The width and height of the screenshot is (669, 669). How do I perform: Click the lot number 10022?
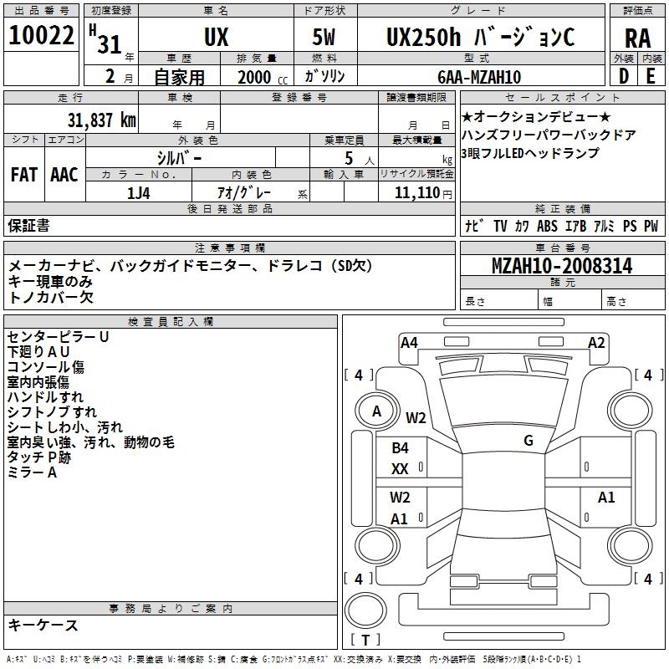coord(41,34)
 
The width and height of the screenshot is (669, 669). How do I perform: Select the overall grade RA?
coord(637,38)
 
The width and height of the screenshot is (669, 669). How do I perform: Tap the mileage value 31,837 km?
coord(101,120)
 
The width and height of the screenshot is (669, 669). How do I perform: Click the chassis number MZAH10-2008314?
coord(562,266)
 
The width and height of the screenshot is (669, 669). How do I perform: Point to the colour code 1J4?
coord(139,193)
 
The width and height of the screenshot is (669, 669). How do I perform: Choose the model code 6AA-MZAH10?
coord(479,77)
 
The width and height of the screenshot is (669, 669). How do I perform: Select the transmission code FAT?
coord(24,175)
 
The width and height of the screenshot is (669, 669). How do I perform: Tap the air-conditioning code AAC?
coord(64,175)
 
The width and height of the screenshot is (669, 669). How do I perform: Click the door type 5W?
coord(324,37)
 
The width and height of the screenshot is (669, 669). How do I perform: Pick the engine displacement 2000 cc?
coord(263,77)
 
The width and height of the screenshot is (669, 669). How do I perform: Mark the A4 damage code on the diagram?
coord(409,343)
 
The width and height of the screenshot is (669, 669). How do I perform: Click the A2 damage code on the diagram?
coord(596,343)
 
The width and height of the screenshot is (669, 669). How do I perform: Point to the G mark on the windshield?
coord(529,440)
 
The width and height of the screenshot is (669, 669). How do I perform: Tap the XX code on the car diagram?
coord(400,469)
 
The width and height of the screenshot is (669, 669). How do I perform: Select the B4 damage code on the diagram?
coord(400,448)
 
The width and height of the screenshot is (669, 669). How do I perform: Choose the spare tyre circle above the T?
coord(365,610)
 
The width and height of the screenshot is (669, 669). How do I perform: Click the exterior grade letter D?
coord(624,76)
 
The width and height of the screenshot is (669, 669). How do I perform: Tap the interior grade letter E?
coord(651,76)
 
